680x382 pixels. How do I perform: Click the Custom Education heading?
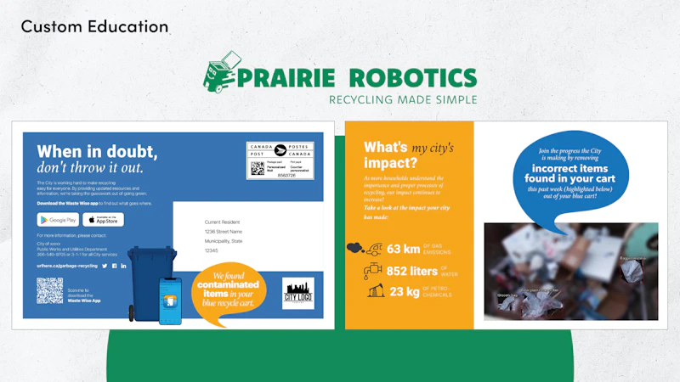coord(95,26)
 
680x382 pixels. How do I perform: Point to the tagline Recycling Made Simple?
coord(402,99)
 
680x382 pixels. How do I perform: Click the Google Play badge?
coord(58,220)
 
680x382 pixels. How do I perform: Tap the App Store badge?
coord(103,220)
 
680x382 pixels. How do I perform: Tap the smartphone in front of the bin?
coord(170,301)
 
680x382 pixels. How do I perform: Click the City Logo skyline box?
coord(298,293)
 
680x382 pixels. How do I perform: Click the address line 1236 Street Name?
coord(224,231)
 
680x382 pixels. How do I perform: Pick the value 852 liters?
coord(412,271)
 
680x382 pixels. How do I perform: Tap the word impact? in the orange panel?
coord(390,162)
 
